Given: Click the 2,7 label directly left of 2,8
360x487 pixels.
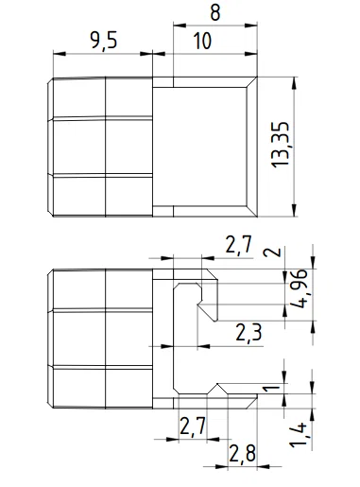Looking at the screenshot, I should tap(192, 426).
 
